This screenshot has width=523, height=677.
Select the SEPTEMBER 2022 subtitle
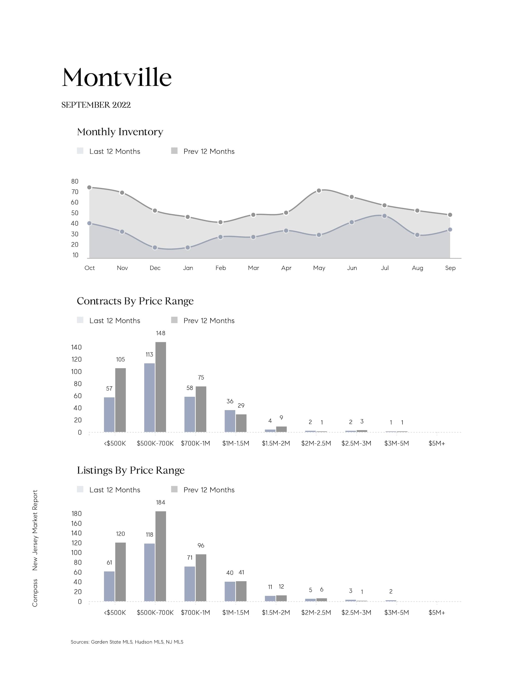coord(96,105)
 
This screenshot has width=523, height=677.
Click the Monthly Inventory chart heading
coord(120,132)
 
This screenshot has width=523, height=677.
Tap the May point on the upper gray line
coord(319,191)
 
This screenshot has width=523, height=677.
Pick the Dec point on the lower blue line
coord(155,248)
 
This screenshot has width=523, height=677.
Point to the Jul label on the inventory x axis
coord(384,268)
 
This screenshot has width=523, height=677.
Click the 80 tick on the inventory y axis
coord(75,181)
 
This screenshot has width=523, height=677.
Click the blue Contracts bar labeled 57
coord(109,414)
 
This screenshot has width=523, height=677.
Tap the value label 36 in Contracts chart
coord(230,401)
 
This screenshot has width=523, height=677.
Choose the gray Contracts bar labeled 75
coord(201,409)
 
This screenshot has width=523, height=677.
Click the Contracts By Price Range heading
coord(135,301)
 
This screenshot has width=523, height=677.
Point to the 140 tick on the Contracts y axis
coord(76,347)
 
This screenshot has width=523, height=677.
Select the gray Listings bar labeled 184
coord(161,556)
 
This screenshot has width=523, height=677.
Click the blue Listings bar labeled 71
coord(190,584)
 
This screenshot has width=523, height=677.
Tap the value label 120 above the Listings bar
coord(120,534)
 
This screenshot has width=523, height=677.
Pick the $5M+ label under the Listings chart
coord(436,612)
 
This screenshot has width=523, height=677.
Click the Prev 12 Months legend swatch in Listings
coord(174,489)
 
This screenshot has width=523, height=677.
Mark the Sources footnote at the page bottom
coord(127,642)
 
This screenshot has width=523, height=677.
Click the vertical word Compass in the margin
coord(35,593)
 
